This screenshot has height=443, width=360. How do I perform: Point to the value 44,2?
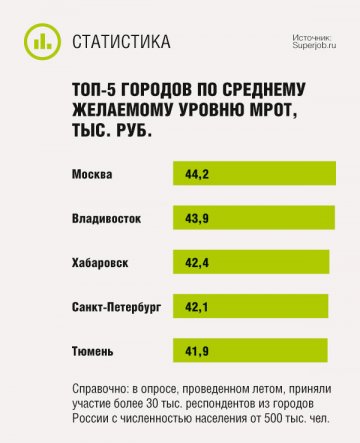[x=198, y=174]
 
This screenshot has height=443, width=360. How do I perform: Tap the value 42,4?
[x=198, y=262]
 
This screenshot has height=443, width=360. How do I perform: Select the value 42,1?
[x=198, y=305]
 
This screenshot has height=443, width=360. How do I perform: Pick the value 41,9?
[x=198, y=349]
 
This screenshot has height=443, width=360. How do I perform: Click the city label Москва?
[x=93, y=175]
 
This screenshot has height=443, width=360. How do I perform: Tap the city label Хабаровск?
[x=101, y=262]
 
